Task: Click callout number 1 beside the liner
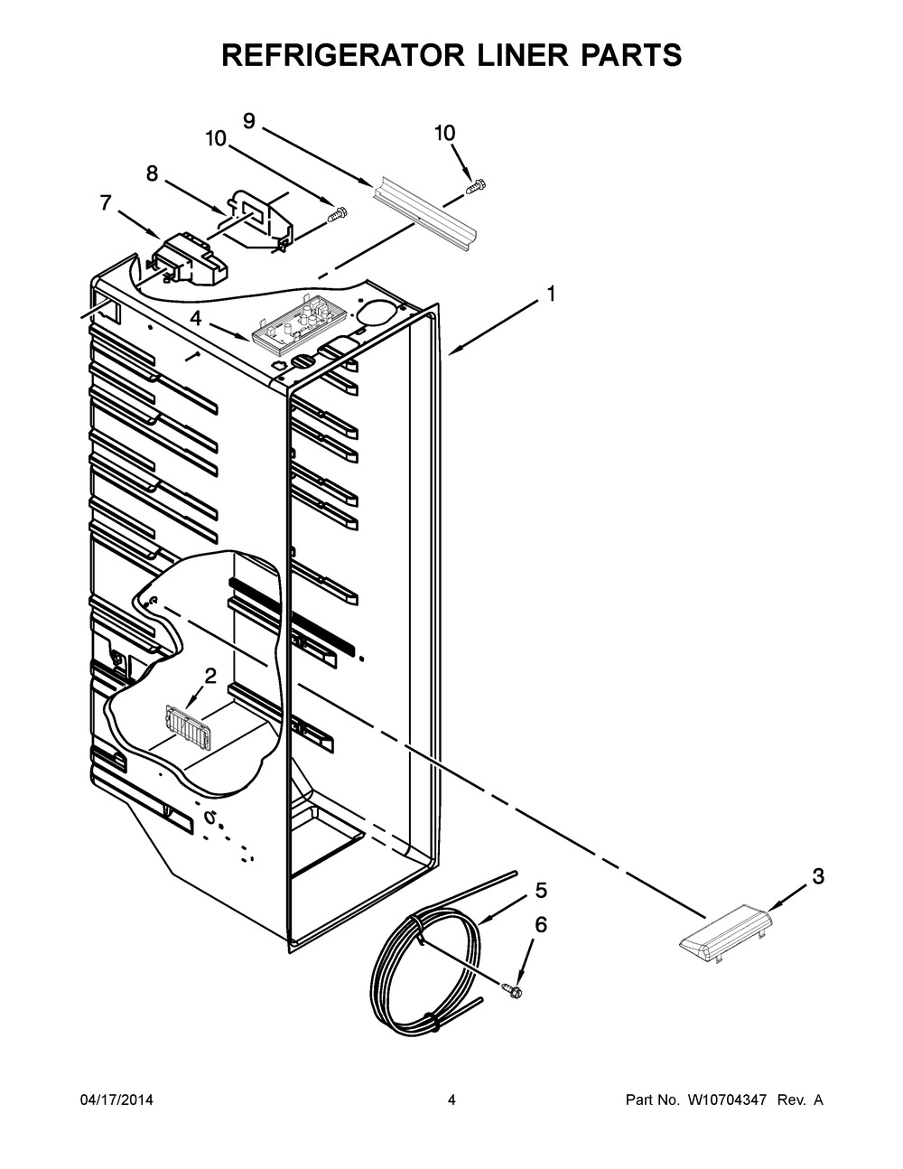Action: pyautogui.click(x=550, y=295)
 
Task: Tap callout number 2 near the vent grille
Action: pyautogui.click(x=210, y=675)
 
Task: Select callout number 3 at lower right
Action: pyautogui.click(x=817, y=875)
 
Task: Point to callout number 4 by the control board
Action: pyautogui.click(x=195, y=318)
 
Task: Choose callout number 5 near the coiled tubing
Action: pyautogui.click(x=541, y=891)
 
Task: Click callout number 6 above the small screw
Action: pyautogui.click(x=541, y=924)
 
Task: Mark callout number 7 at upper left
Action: pyautogui.click(x=107, y=203)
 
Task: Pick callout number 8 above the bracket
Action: pyautogui.click(x=152, y=173)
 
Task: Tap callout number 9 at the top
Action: pyautogui.click(x=249, y=120)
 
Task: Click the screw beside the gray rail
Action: pyautogui.click(x=474, y=186)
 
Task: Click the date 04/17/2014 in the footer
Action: pyautogui.click(x=116, y=1100)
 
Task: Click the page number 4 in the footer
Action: pyautogui.click(x=451, y=1100)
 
